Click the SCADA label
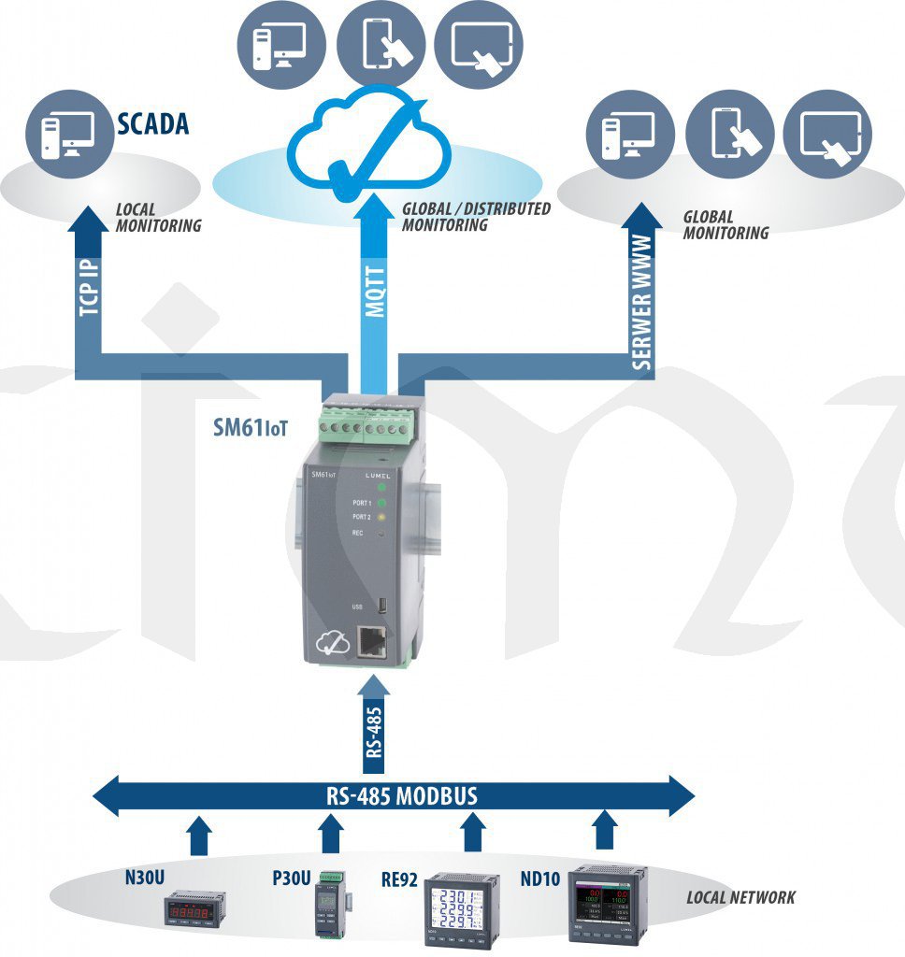coord(152,123)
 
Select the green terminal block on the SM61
coord(365,425)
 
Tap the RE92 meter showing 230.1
coord(463,907)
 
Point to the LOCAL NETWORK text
coord(740,897)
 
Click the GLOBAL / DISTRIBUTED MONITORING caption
coord(476,217)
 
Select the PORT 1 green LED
coord(382,503)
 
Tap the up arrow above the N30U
coord(197,836)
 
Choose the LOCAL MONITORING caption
coord(158,218)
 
